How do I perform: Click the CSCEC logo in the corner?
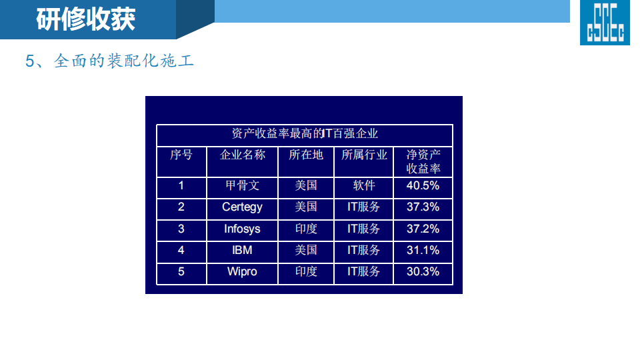pos(605,23)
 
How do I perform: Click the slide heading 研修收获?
pos(86,19)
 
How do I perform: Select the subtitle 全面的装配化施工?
pos(124,61)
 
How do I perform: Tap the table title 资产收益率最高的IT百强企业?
pos(305,133)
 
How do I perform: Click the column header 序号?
pos(181,155)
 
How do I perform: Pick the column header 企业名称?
pos(243,155)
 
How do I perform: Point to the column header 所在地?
pos(306,155)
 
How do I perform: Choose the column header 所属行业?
pos(364,155)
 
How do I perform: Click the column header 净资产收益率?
pos(423,161)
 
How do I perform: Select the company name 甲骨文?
pos(243,186)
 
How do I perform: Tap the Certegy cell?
pos(243,207)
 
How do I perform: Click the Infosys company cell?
pos(243,229)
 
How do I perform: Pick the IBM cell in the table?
pos(243,250)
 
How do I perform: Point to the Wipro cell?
pos(243,272)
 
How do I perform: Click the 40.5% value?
pos(423,186)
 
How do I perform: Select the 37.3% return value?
pos(423,207)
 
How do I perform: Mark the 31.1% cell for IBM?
pos(423,250)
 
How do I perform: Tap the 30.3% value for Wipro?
pos(423,271)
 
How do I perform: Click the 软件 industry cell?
pos(364,186)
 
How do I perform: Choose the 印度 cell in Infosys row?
pos(306,229)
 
